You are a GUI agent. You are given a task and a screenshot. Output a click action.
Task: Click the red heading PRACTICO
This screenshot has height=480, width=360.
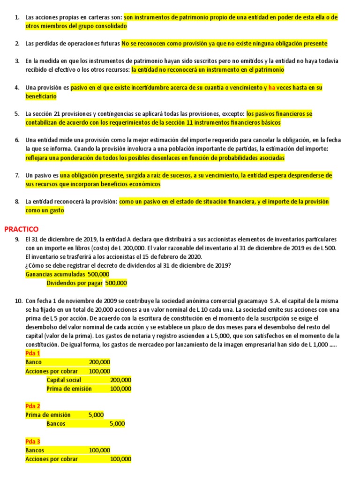[x=21, y=229]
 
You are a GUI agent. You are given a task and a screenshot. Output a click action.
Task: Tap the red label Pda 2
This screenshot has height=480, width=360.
[x=33, y=406]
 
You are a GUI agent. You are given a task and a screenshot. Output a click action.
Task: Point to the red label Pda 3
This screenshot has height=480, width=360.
[x=33, y=442]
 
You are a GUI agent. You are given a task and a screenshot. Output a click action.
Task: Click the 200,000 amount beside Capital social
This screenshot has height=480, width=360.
[x=121, y=380]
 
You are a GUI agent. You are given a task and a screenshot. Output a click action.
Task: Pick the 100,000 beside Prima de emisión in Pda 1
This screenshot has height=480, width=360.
[x=121, y=389]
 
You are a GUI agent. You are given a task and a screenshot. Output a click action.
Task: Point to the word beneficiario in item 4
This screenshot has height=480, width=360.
[x=41, y=97]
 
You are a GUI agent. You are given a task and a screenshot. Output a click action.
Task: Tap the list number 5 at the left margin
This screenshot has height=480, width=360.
[x=17, y=114]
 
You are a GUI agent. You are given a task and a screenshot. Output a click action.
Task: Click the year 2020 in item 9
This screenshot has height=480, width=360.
[x=194, y=257]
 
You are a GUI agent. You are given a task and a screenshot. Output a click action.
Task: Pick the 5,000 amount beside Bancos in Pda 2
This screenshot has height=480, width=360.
[x=117, y=424]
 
